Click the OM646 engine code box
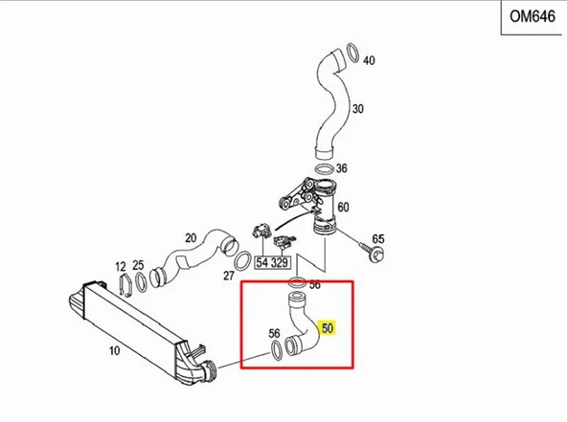532,17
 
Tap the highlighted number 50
328,328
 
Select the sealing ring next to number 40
352,52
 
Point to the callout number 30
357,109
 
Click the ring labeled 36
324,169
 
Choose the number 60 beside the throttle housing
343,208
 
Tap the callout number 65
378,239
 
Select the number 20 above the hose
191,238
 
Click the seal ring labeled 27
242,260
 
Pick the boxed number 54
262,262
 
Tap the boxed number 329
279,262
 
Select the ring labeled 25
141,282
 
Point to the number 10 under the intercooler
114,350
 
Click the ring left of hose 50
276,349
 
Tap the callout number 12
121,267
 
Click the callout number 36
341,168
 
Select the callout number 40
369,60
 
